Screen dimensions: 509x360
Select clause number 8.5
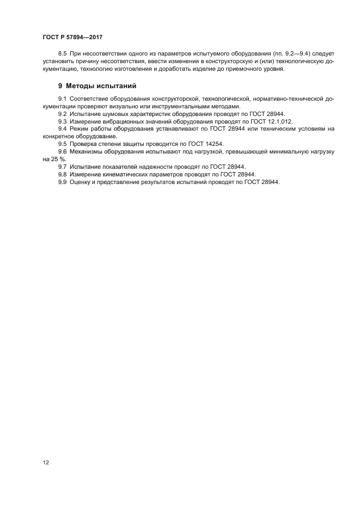63,55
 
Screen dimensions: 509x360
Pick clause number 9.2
63,114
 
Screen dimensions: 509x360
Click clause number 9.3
63,121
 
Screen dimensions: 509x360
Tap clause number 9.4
63,129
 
